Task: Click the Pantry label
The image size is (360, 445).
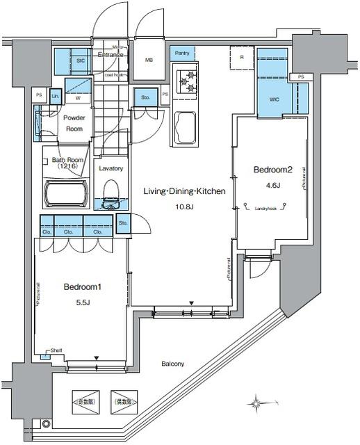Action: (183, 53)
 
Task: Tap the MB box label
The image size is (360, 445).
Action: (149, 60)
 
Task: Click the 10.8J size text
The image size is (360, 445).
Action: (185, 207)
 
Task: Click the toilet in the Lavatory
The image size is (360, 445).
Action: (111, 193)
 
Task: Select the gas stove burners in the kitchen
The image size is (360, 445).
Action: (187, 82)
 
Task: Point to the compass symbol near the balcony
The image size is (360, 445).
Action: (257, 403)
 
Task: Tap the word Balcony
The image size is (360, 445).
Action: (172, 364)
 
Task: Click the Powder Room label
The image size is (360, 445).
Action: (74, 123)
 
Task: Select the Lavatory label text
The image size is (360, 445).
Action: (111, 168)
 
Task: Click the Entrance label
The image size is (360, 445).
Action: (111, 54)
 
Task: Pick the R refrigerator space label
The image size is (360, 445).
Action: (241, 57)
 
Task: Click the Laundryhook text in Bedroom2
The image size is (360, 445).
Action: (267, 208)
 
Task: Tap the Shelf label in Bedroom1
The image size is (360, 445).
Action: (56, 350)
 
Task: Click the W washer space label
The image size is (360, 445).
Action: (78, 98)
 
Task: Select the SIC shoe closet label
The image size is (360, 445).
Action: (80, 60)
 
